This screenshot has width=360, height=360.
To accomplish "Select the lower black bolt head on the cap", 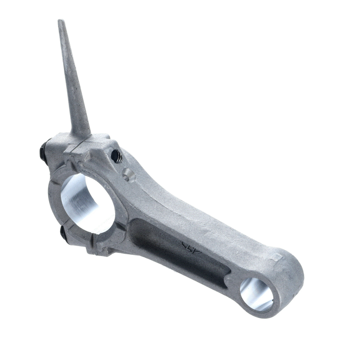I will pos(63,234).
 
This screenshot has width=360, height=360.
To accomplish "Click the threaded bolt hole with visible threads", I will pos(116,156).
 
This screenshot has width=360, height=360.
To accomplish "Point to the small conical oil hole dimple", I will pos(128,175).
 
